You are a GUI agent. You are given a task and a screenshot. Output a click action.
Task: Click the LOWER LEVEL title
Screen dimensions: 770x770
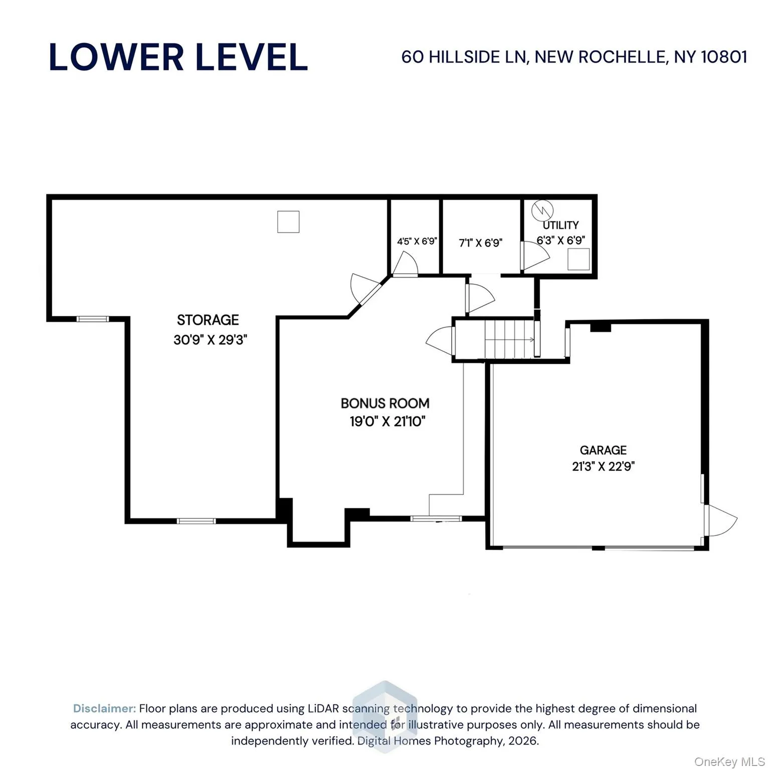178,57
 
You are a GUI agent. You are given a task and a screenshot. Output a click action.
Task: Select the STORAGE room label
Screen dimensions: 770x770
208,320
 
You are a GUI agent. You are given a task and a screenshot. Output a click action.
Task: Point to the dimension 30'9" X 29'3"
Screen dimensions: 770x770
210,340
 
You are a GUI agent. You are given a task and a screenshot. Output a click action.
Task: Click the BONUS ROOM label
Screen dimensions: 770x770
384,403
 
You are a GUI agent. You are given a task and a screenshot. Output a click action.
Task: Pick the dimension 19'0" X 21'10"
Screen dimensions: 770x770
387,422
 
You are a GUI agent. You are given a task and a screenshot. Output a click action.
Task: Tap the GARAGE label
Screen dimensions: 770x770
603,450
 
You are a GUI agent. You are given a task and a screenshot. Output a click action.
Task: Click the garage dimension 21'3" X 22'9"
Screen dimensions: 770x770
603,467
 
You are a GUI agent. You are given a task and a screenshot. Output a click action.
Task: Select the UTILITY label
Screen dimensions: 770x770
560,225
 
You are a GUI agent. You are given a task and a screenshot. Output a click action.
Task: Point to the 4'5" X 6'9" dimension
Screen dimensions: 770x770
417,241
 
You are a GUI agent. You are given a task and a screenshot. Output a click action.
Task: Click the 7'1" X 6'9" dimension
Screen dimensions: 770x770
480,243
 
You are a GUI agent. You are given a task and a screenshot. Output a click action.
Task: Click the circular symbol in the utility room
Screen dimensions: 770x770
542,211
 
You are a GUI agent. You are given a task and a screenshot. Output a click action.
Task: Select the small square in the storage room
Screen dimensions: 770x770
288,222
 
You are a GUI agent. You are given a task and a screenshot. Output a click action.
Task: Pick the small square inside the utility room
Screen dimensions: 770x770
578,259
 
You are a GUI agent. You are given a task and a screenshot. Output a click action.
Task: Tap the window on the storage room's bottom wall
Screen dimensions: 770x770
196,521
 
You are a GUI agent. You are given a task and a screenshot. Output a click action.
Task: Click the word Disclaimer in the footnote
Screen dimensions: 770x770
104,708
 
